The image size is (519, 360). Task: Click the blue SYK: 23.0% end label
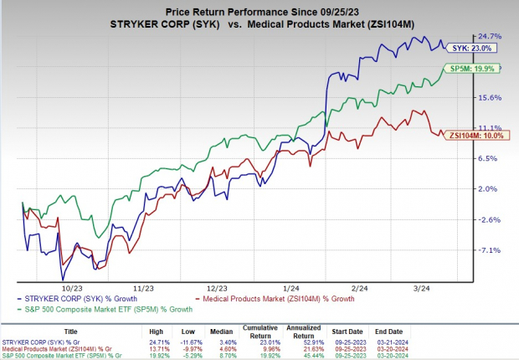coord(478,48)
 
